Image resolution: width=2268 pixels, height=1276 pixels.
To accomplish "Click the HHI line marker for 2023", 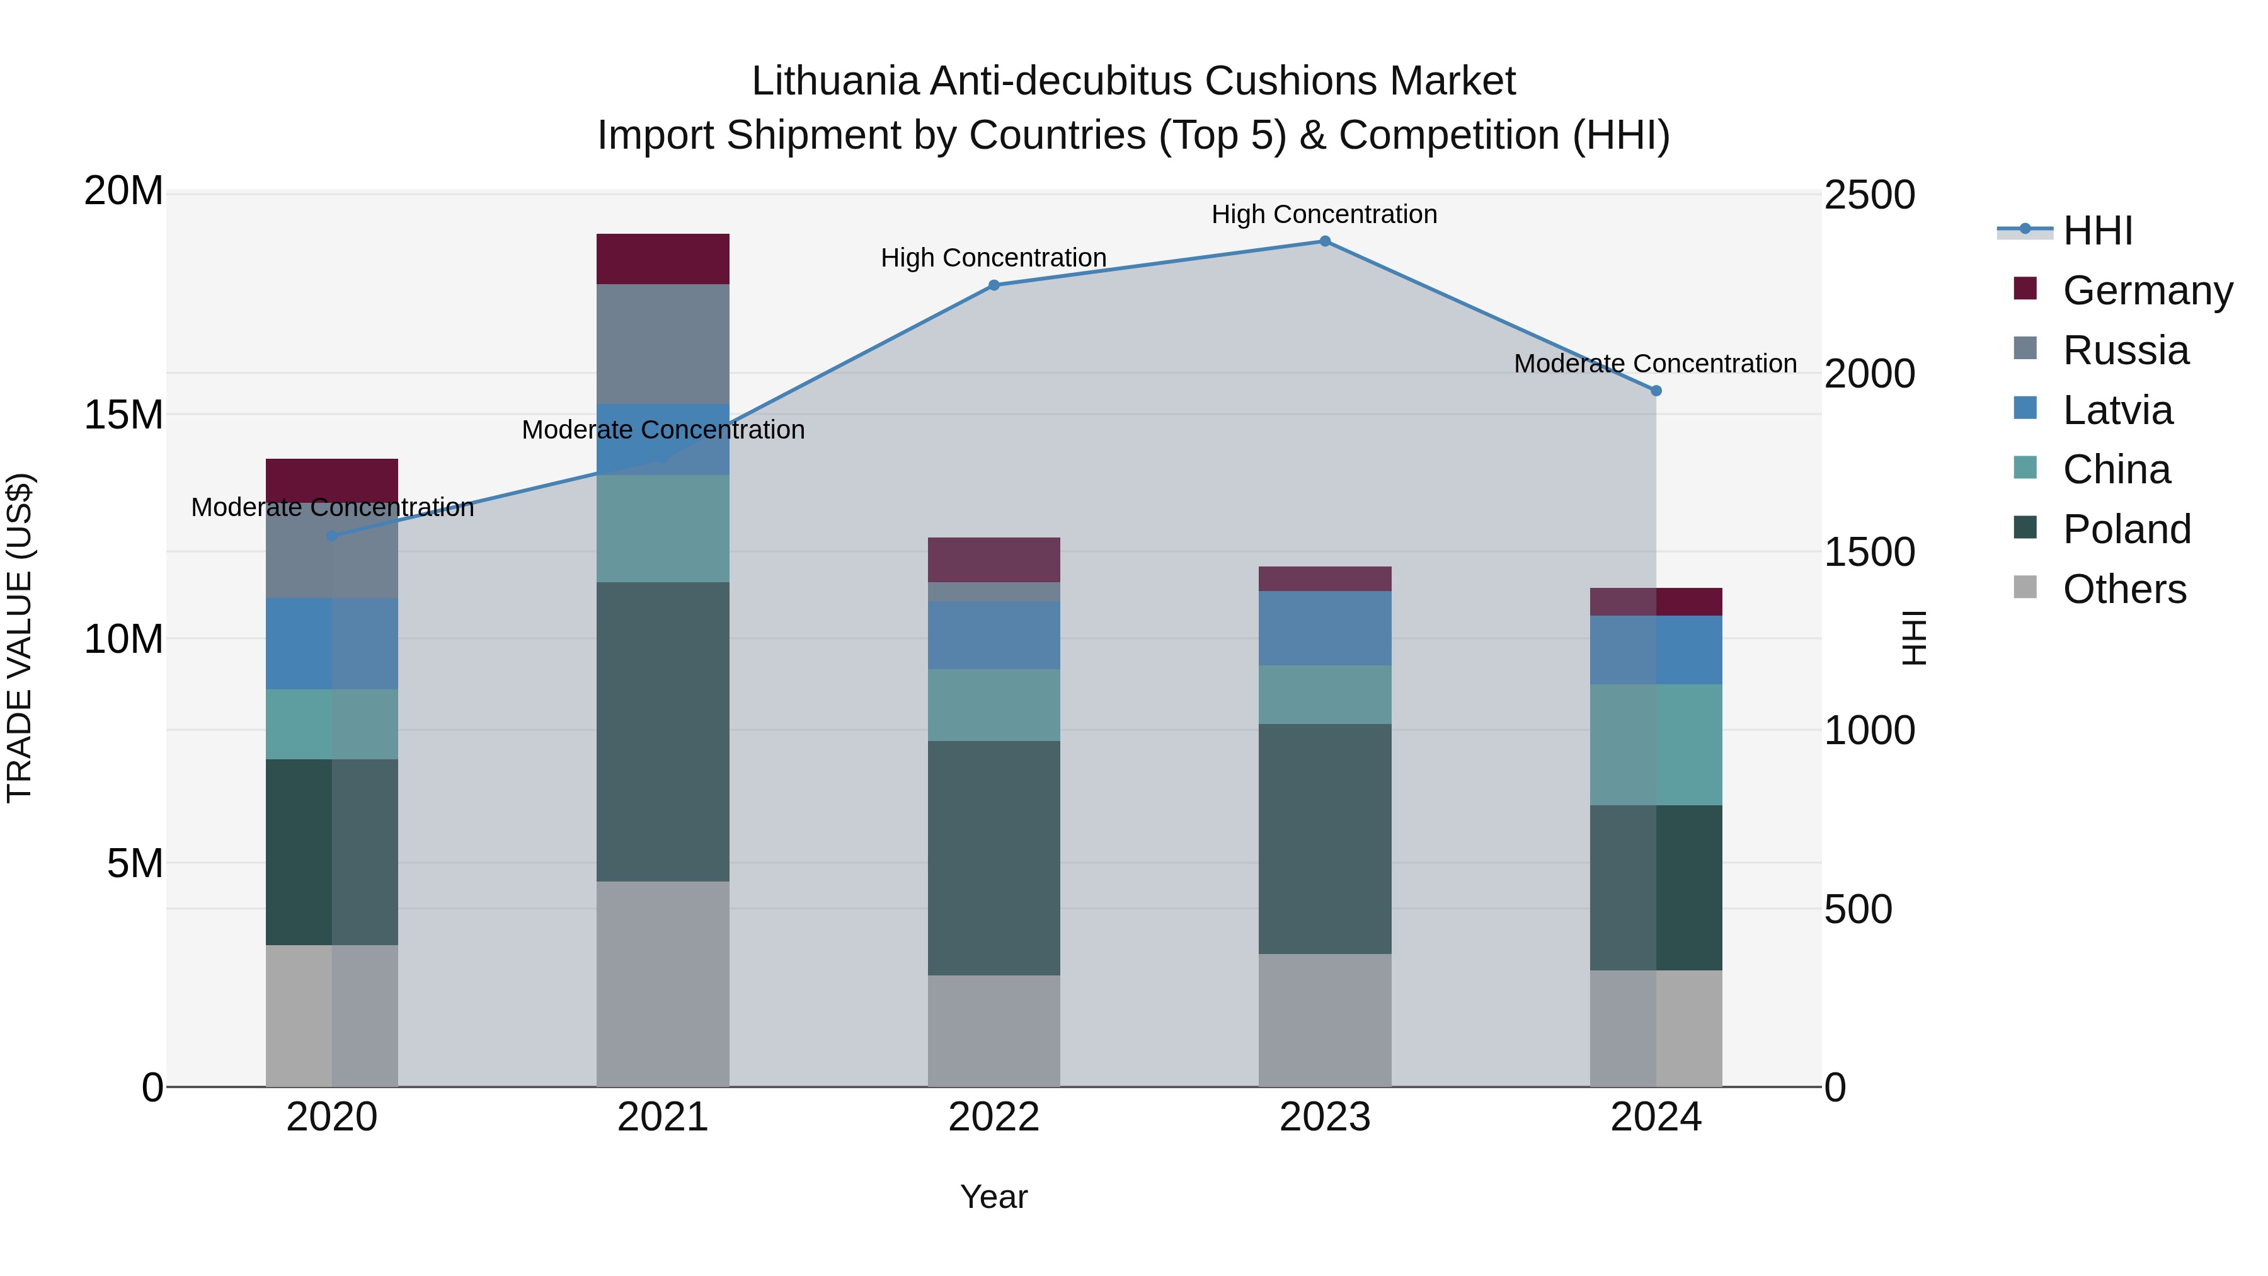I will (x=1324, y=241).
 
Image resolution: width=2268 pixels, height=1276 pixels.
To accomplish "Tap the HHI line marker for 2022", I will (x=994, y=285).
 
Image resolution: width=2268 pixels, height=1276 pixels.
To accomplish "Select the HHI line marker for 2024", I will (x=1656, y=391).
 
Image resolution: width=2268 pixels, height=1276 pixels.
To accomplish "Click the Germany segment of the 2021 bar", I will (x=663, y=259).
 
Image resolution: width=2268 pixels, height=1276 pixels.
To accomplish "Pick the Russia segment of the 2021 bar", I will (x=663, y=343).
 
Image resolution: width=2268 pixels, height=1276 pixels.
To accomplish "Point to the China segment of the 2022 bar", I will (x=994, y=704).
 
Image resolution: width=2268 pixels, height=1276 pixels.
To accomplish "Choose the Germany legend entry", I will (x=2148, y=290).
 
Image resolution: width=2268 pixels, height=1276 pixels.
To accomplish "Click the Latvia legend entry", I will (x=2117, y=410).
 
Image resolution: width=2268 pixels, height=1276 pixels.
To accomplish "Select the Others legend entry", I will (x=2124, y=589).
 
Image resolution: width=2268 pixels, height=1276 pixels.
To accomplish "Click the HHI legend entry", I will (x=2097, y=231).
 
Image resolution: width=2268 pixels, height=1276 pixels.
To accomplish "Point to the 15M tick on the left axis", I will (x=123, y=415).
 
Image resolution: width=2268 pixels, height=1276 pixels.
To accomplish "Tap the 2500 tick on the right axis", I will (x=1869, y=195).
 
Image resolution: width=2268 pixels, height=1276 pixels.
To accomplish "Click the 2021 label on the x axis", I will (x=663, y=1117).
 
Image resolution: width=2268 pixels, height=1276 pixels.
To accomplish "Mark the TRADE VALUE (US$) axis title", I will (x=20, y=638).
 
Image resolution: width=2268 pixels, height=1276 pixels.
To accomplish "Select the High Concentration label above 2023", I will (x=1324, y=214).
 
